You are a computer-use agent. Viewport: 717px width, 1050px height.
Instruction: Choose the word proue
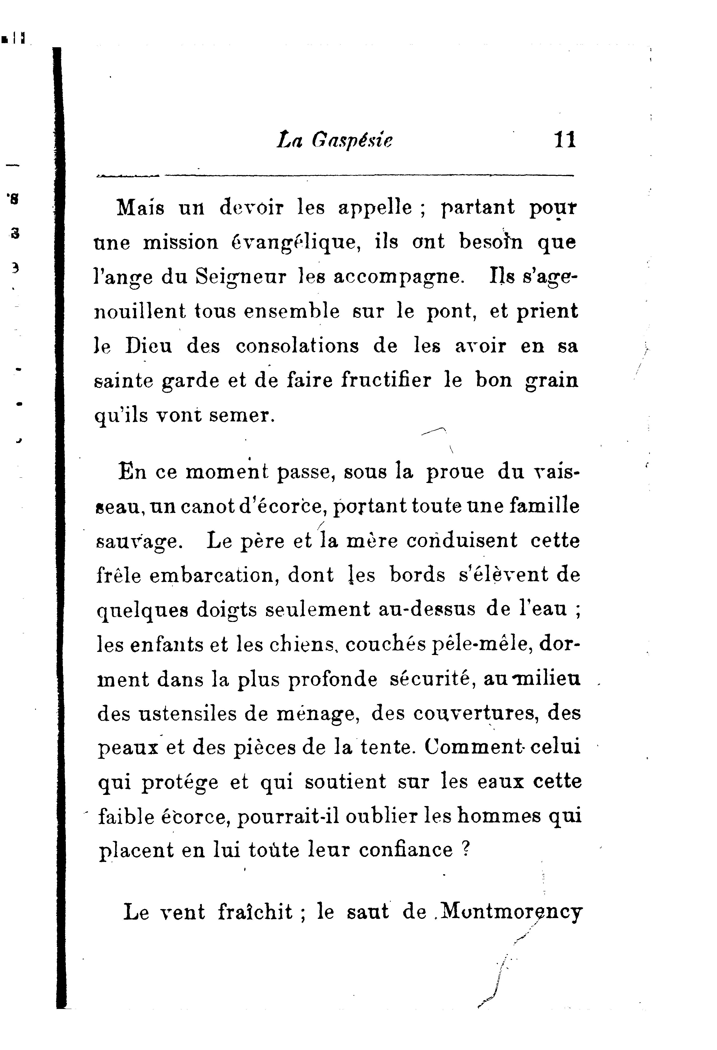coord(455,472)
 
